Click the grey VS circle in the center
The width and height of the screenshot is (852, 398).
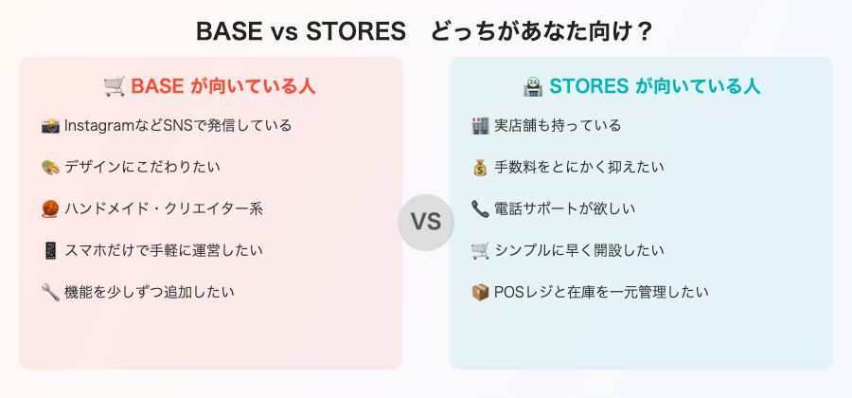point(426,223)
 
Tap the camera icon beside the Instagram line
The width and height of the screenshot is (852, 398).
point(51,125)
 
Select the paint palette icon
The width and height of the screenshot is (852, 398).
point(51,167)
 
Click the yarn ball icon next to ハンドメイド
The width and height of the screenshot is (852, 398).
point(51,208)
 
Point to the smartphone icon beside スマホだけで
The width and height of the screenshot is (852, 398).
point(51,250)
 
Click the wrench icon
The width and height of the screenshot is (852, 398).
point(51,292)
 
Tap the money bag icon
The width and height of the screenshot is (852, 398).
point(480,167)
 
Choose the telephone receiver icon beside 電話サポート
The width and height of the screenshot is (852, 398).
point(480,208)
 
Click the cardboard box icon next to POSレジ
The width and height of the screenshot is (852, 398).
point(480,292)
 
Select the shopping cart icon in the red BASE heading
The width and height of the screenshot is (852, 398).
point(114,86)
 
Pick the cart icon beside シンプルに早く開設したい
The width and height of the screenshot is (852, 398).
point(480,250)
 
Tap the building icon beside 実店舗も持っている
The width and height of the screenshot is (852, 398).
point(480,125)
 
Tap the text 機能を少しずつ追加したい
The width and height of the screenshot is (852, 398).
point(150,292)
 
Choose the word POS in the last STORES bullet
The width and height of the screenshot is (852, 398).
point(509,292)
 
